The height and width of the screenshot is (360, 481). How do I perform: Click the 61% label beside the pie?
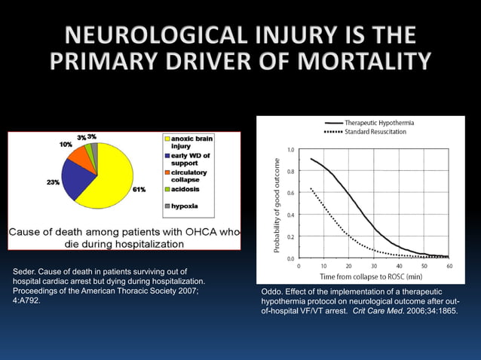[x=140, y=190]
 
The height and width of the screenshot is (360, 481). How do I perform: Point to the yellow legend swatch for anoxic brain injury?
[x=170, y=139]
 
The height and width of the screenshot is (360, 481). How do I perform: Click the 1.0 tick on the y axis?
[x=290, y=149]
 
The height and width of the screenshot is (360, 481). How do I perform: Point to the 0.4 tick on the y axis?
[x=290, y=215]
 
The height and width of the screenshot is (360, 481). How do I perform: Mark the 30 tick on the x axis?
[x=373, y=266]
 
